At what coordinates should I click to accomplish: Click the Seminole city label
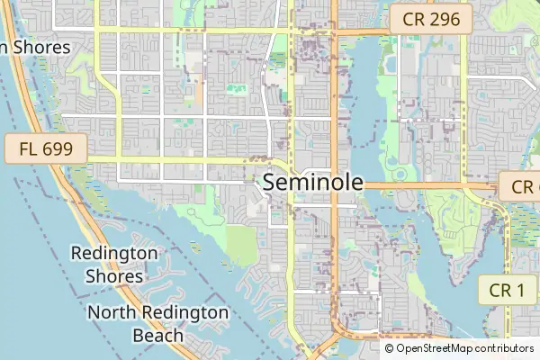point(313,183)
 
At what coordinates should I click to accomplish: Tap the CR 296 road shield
point(430,19)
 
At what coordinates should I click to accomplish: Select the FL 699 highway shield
point(45,148)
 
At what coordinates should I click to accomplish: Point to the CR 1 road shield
point(508,290)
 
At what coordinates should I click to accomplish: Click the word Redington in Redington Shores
point(114,255)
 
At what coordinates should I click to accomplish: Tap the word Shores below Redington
point(114,276)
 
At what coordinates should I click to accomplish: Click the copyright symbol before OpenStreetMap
point(390,348)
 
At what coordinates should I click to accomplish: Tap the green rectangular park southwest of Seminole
point(241,244)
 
